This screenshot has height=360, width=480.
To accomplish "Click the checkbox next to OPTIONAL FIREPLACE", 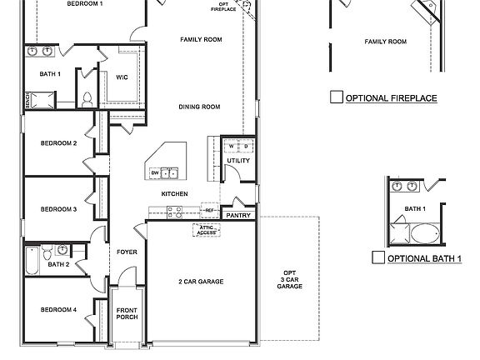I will click(336, 97).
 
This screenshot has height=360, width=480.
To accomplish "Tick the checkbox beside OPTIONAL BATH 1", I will click(378, 257).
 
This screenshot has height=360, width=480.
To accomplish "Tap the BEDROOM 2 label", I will click(58, 143).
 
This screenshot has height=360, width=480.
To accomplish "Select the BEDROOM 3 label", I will click(58, 209).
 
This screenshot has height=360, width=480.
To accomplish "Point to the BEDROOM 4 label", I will click(58, 310).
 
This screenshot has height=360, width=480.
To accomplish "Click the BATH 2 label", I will click(58, 264).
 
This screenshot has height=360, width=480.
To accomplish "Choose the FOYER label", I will click(127, 252).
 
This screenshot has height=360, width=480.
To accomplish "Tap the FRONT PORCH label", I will click(127, 314).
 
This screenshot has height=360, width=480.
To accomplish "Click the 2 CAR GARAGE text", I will click(201, 282).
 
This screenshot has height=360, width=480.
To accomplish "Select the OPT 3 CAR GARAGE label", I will click(289, 279).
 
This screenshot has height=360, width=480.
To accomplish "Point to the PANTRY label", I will click(238, 215).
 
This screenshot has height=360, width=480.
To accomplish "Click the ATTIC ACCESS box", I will click(206, 229).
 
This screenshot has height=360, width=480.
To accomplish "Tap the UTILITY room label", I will click(238, 160).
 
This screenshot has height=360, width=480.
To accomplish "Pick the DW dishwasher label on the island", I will click(154, 172).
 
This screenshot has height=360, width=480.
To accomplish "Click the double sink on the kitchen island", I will click(169, 172).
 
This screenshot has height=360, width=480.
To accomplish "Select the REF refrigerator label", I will click(208, 210).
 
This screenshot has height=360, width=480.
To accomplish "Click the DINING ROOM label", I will click(199, 107).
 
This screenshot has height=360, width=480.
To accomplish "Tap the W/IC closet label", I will click(122, 77).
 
